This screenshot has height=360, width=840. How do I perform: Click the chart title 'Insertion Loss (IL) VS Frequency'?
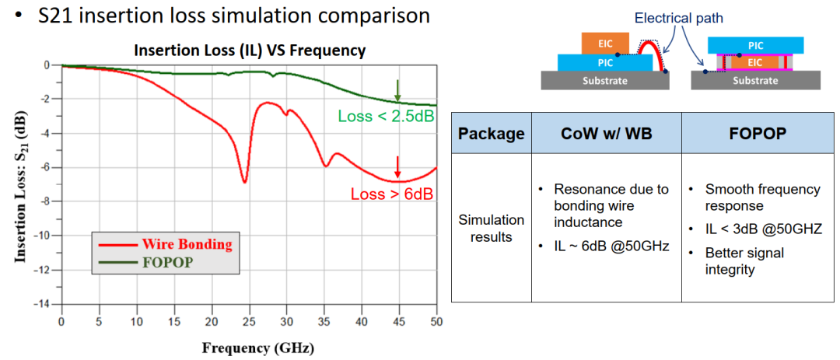[x=250, y=51]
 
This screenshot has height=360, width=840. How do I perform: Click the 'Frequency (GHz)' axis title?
[x=258, y=347]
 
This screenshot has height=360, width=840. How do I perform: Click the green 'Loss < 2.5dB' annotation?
[x=386, y=117]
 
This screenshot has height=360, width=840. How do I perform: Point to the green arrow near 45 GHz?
[x=397, y=89]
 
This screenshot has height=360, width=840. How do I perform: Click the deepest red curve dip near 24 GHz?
[x=245, y=182]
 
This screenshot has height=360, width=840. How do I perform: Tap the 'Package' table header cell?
[x=491, y=133]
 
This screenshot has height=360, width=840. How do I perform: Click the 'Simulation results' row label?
[x=491, y=228]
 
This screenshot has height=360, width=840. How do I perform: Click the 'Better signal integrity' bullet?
[x=744, y=261]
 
